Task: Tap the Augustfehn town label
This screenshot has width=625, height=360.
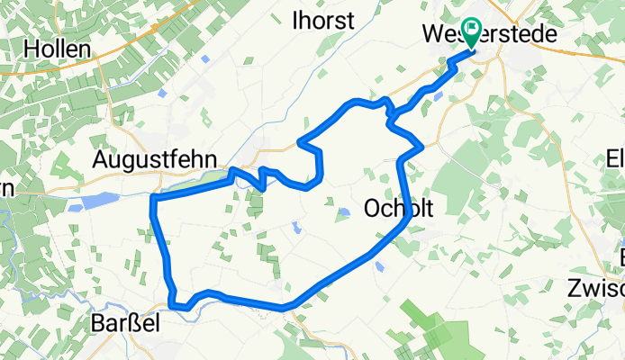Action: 156,159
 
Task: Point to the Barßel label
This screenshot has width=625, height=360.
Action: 126,323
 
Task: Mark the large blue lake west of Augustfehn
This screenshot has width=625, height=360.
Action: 95,200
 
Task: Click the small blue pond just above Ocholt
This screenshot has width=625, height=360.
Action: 343,213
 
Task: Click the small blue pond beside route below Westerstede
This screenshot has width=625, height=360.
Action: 438,94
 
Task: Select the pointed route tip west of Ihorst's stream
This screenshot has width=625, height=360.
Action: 300,141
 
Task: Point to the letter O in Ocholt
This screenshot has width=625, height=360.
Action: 372,209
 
